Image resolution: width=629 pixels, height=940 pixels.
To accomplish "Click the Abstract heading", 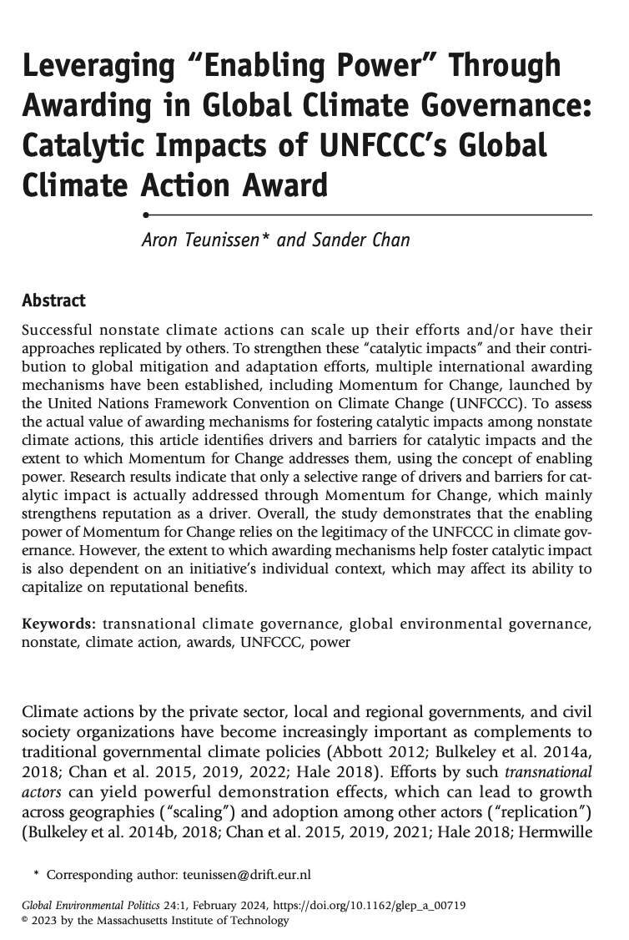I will pyautogui.click(x=53, y=300).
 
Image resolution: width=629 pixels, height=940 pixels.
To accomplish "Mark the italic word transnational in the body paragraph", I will pyautogui.click(x=551, y=772).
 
